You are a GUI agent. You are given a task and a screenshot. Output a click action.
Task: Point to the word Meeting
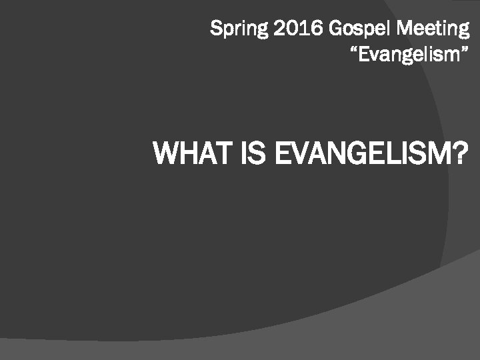(433, 29)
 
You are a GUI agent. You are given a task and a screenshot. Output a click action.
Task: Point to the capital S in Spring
(216, 29)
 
